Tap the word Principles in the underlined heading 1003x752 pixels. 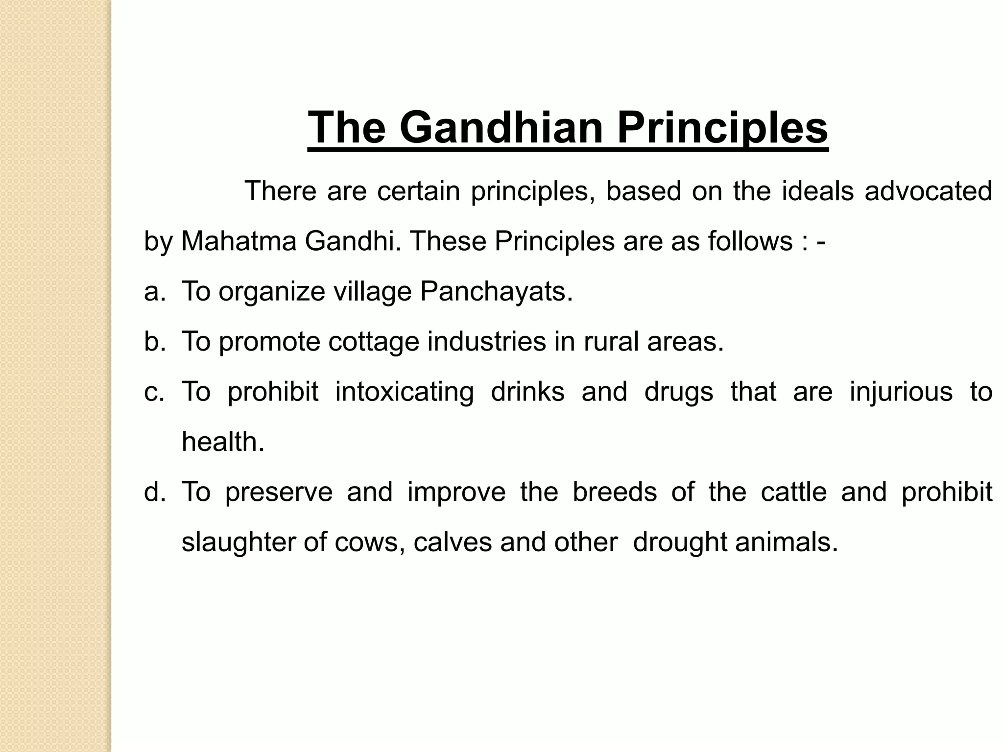pos(722,127)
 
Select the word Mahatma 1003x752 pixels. pos(239,241)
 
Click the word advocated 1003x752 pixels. pos(928,191)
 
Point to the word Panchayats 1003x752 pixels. pos(496,291)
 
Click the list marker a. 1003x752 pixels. pos(154,292)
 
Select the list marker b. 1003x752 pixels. pos(154,341)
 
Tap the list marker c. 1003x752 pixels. pos(154,392)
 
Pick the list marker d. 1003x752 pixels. pos(154,492)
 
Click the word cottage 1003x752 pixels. pos(374,342)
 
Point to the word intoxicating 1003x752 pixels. pos(405,392)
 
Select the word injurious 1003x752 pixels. pos(901,392)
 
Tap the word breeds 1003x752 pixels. pos(615,492)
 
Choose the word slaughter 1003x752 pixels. pos(239,542)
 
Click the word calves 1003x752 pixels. pos(452,542)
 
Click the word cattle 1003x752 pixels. pos(793,492)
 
